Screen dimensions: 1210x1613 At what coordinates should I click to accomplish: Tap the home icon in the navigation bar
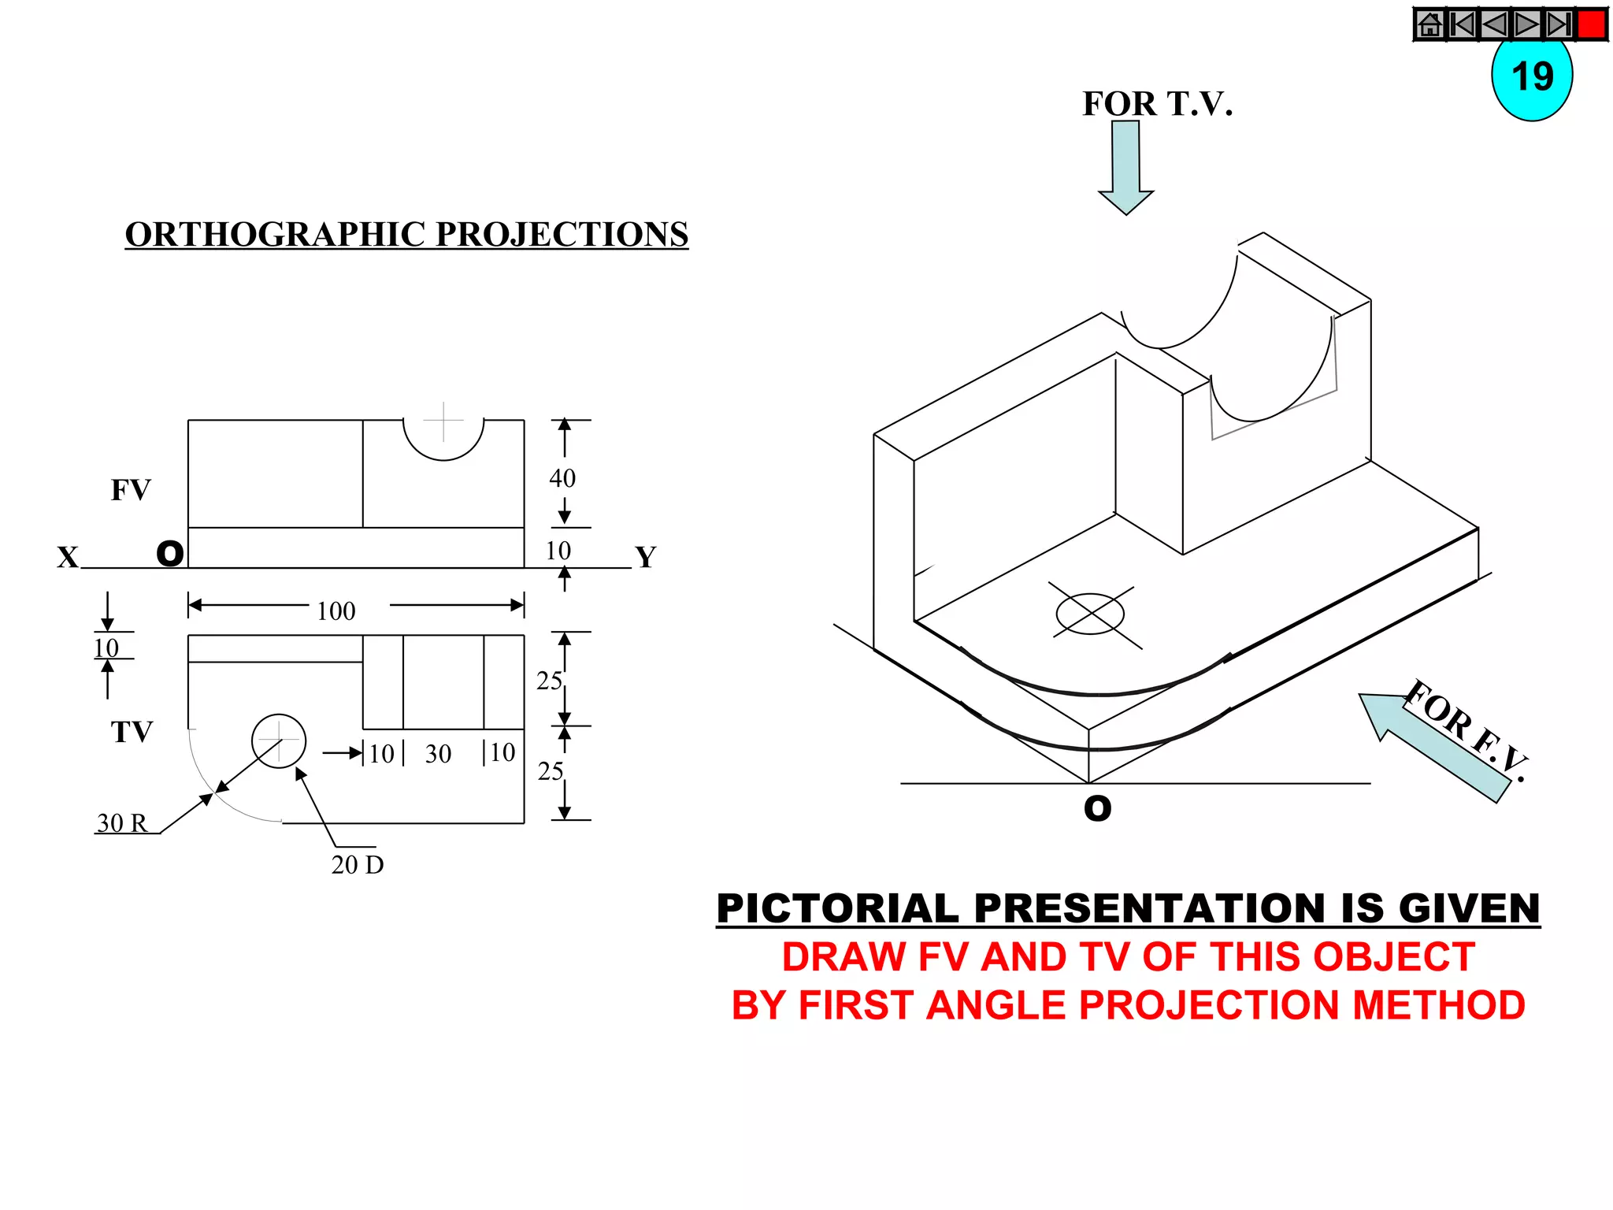pyautogui.click(x=1430, y=24)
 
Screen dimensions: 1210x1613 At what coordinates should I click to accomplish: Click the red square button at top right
pyautogui.click(x=1592, y=24)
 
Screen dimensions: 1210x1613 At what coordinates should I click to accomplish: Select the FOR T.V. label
pyautogui.click(x=1157, y=104)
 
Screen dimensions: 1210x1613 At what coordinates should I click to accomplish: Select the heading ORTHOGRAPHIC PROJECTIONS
pyautogui.click(x=406, y=235)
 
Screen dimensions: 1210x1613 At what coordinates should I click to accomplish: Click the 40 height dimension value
pyautogui.click(x=562, y=478)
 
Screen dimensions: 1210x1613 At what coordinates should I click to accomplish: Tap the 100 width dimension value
pyautogui.click(x=336, y=611)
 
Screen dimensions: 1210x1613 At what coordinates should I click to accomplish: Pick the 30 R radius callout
pyautogui.click(x=122, y=823)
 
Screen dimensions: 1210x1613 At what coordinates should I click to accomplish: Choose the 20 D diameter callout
pyautogui.click(x=358, y=865)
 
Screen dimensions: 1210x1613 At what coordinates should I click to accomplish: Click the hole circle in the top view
pyautogui.click(x=279, y=741)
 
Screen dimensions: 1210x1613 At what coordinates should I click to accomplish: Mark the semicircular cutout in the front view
pyautogui.click(x=443, y=438)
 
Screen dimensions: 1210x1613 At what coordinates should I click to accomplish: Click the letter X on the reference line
pyautogui.click(x=68, y=558)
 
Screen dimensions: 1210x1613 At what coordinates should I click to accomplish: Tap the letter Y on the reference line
pyautogui.click(x=646, y=558)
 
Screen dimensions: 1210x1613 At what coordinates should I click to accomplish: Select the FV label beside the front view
pyautogui.click(x=131, y=490)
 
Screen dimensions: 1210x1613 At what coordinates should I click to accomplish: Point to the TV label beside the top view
pyautogui.click(x=132, y=732)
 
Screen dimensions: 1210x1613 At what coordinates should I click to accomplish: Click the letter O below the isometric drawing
pyautogui.click(x=1098, y=808)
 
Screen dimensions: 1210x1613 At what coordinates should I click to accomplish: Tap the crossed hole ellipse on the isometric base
pyautogui.click(x=1091, y=614)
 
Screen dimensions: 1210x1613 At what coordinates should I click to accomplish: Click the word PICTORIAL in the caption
pyautogui.click(x=838, y=909)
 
